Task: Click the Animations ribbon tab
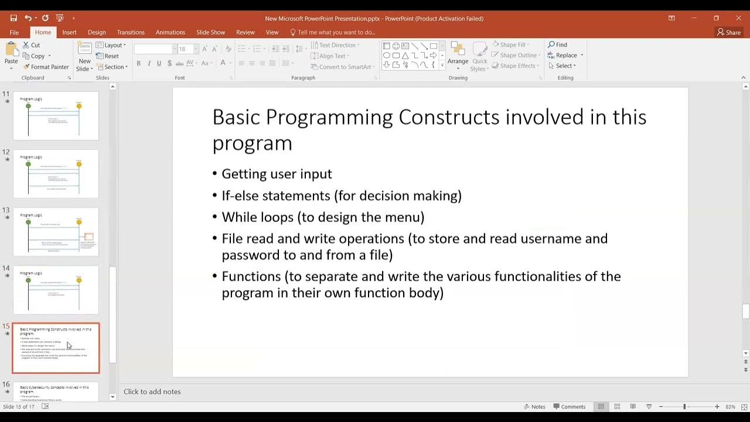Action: [170, 32]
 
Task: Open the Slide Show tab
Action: [210, 32]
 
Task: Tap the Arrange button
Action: [458, 56]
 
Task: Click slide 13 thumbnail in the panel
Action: [56, 232]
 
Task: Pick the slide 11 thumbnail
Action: [56, 115]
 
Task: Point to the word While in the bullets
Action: [238, 217]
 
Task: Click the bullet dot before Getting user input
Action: [215, 174]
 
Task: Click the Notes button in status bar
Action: [534, 407]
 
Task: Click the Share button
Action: [729, 32]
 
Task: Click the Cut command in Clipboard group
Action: [32, 45]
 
